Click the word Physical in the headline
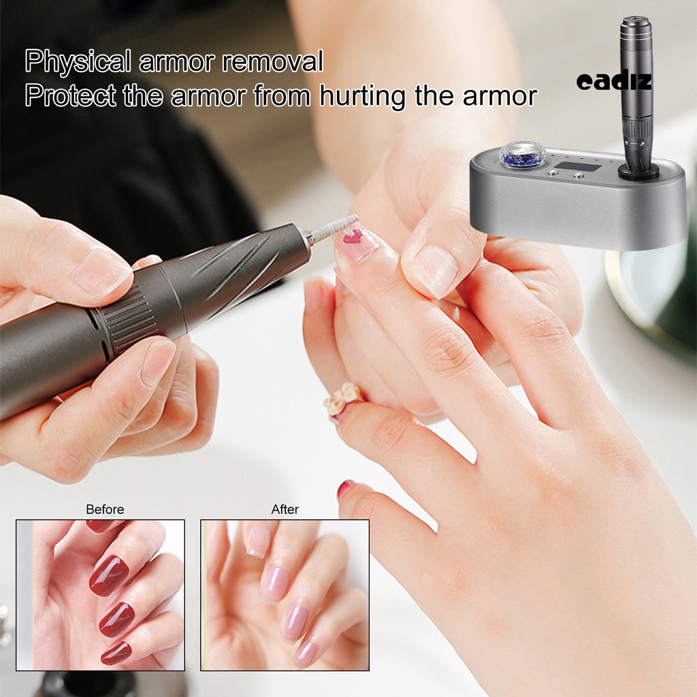click(x=76, y=62)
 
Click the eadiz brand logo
click(x=614, y=82)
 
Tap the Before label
click(x=105, y=509)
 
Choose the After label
click(x=285, y=509)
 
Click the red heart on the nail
click(x=353, y=237)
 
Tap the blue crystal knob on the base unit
click(x=522, y=156)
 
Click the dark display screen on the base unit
click(x=578, y=167)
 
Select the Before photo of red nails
click(x=100, y=595)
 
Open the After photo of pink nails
click(x=285, y=595)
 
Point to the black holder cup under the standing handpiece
click(x=638, y=171)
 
